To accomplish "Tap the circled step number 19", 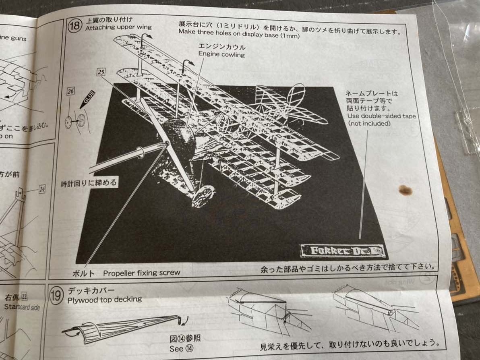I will point(56,295).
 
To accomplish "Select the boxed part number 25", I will point(101,72).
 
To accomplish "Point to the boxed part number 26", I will point(70,92).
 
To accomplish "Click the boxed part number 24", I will point(42,188).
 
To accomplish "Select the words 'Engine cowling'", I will point(221,54).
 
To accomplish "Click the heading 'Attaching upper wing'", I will point(118,27).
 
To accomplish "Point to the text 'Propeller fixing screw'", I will point(141,273).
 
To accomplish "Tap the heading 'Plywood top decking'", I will point(105,299).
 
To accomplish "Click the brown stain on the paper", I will point(405,190).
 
